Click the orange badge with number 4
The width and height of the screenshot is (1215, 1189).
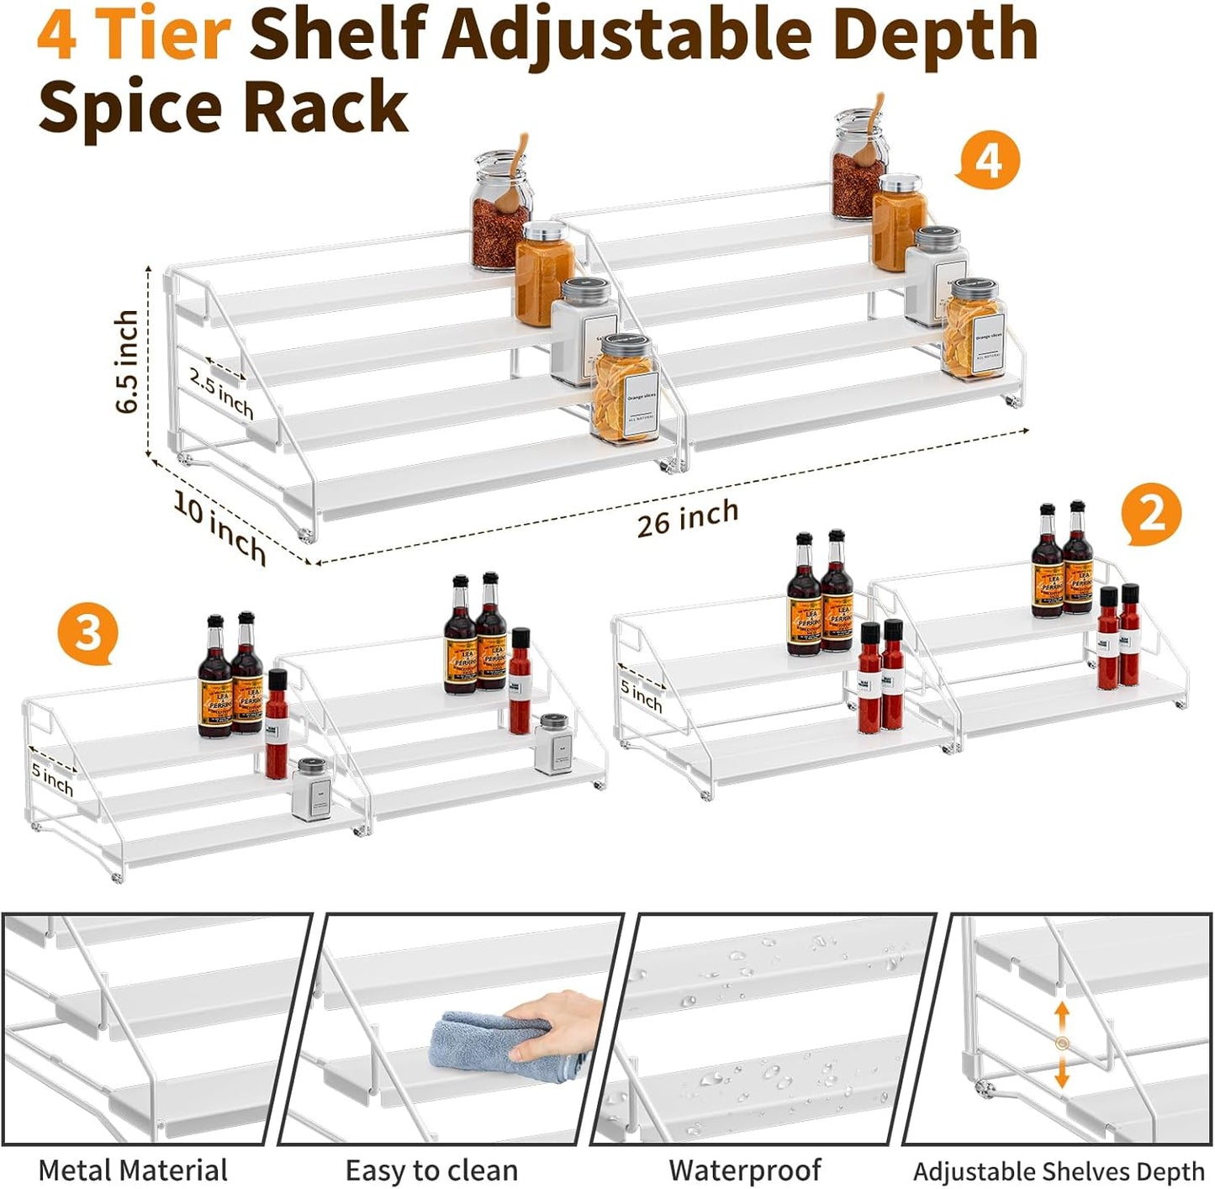coord(989,161)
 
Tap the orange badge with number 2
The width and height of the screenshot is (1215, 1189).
coord(1151,512)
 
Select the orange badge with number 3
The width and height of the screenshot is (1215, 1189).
coord(87,632)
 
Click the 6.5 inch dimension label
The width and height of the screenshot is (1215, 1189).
coord(128,362)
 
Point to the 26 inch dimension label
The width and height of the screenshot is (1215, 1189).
coord(688,518)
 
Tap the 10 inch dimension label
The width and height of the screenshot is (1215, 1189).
coord(219,527)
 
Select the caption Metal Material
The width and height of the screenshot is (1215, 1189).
coord(133,1170)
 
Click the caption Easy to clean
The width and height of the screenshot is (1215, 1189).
coord(431,1170)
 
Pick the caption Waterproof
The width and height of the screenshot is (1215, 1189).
coord(745,1170)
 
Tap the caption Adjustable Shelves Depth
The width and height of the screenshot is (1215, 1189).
coord(1059,1171)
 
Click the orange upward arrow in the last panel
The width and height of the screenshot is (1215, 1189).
coord(1062,1017)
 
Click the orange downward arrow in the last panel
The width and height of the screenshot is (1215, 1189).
coord(1062,1072)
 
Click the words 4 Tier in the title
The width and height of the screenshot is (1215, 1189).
coord(134,34)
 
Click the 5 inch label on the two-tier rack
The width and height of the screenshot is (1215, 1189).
coord(642,696)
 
